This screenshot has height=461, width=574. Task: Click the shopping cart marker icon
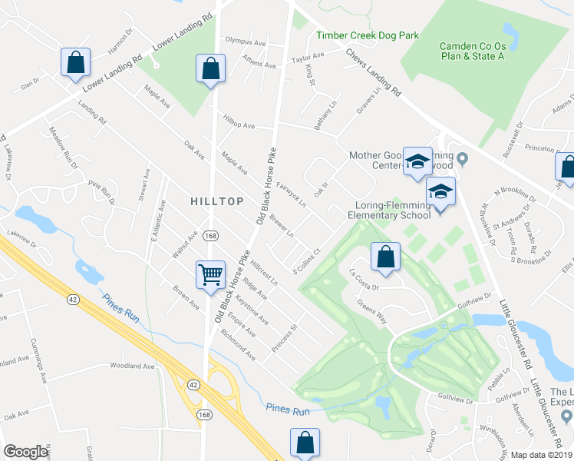pos(210,274)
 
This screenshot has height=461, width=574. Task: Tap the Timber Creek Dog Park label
pos(368,35)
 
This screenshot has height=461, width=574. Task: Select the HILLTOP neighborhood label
pos(217,201)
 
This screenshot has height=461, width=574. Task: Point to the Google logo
pos(26,452)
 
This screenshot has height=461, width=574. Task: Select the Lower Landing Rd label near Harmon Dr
pos(183,35)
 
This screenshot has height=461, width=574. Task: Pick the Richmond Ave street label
pos(238,346)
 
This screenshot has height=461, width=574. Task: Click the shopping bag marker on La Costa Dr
pos(386,257)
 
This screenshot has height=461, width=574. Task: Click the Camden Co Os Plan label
pos(472,51)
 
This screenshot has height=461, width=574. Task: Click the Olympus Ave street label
pos(244,39)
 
